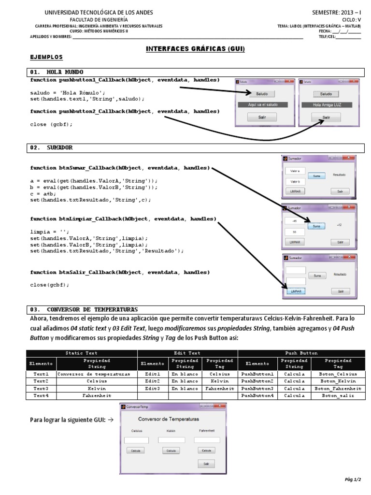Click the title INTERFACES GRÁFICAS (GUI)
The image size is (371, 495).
(x=195, y=49)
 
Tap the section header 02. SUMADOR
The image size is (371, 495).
(x=51, y=147)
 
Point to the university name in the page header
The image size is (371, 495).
(x=99, y=12)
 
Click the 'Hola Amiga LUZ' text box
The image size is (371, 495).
(x=326, y=104)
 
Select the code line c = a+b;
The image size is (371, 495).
(x=42, y=193)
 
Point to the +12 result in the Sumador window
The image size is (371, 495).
(x=339, y=225)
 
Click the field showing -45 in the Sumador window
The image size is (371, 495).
(x=295, y=221)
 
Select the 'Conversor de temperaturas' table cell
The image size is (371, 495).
(x=94, y=374)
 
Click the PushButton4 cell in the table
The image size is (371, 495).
(x=257, y=395)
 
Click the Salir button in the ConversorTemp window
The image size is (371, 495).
(x=206, y=464)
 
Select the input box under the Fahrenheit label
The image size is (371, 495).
(x=207, y=440)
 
